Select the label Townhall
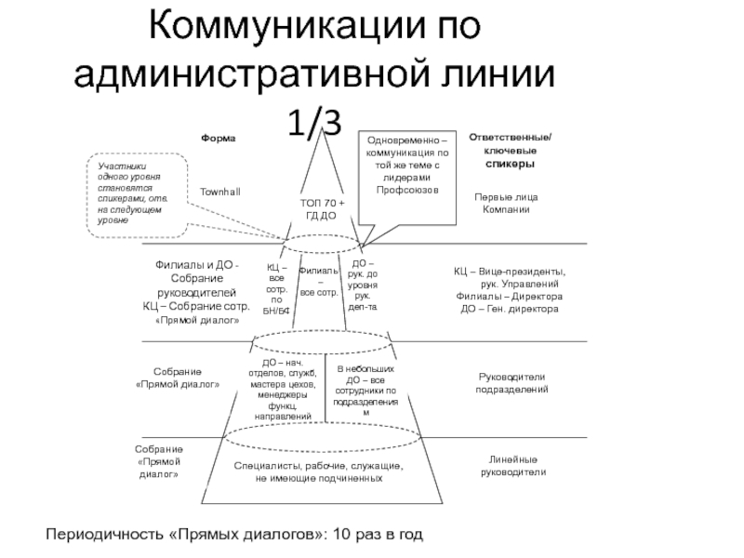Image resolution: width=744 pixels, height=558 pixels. (219, 191)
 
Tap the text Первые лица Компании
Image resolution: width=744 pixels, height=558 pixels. (506, 204)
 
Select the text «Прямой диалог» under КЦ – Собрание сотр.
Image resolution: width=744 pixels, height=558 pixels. (196, 320)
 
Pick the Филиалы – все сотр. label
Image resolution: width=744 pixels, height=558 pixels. (319, 280)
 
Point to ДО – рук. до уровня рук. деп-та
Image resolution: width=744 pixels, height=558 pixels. (363, 285)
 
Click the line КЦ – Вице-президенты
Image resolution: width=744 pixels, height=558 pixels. (509, 271)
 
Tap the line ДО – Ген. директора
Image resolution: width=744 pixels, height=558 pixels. (510, 308)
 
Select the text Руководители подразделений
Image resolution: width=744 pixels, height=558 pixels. (513, 382)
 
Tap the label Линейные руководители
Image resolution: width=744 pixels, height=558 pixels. (513, 466)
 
